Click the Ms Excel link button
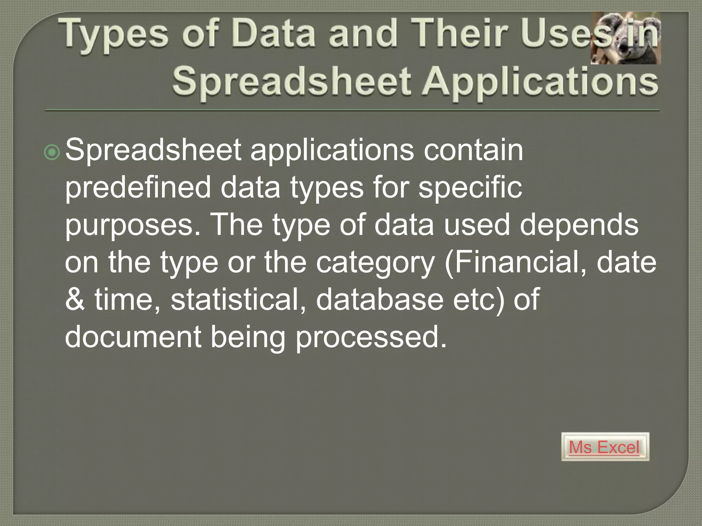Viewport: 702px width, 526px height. point(605,447)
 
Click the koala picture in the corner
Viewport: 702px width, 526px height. point(626,38)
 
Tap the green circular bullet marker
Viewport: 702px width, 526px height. point(52,152)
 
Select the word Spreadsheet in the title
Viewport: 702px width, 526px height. point(291,82)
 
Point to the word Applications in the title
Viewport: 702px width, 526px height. point(540,82)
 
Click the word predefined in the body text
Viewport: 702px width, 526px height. point(138,187)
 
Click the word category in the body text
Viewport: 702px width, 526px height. point(375,263)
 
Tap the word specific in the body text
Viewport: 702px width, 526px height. point(470,187)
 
